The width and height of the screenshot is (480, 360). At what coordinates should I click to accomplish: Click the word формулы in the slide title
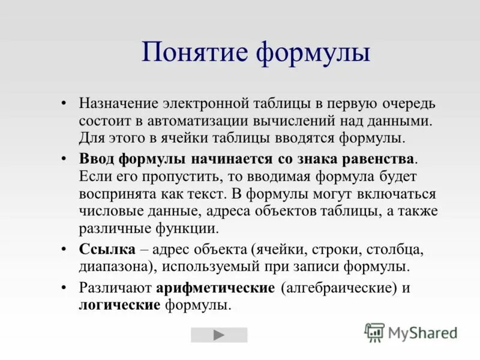pos(313,52)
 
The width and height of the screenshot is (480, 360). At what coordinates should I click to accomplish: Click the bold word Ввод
pos(97,159)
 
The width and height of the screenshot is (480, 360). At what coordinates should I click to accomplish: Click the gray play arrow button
pos(219,335)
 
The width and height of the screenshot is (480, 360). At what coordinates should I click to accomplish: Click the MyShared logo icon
pos(374,332)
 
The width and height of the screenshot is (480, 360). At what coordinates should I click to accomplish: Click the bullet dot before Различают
pos(65,287)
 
